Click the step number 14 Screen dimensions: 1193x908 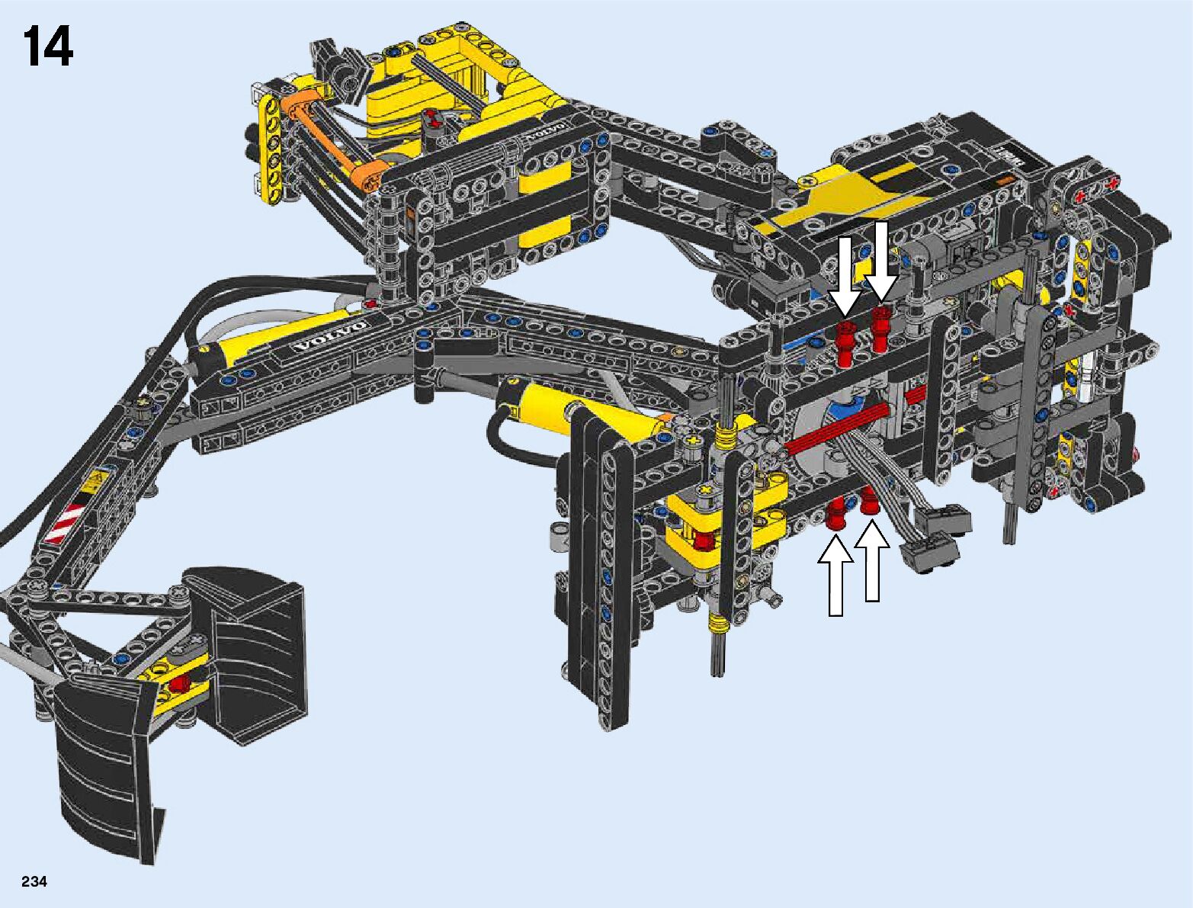pos(48,47)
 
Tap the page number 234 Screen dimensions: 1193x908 pos(34,881)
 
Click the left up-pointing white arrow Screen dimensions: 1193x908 pos(836,576)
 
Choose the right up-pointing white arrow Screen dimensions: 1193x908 pos(872,561)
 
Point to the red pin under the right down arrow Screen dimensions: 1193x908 pos(880,329)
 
